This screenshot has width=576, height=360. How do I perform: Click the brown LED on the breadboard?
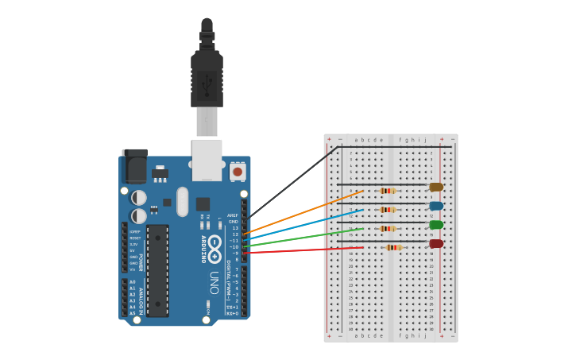point(436,187)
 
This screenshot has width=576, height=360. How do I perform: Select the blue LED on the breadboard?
point(436,206)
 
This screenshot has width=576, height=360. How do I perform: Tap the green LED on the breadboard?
point(436,225)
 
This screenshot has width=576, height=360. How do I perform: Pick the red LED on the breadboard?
point(436,244)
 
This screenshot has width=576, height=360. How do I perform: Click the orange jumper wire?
point(302,211)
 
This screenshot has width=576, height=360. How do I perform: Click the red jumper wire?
point(302,250)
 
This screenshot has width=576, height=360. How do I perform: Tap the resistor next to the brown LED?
point(388,191)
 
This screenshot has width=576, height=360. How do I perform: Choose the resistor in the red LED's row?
point(393,247)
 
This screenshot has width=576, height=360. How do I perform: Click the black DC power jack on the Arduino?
point(135,165)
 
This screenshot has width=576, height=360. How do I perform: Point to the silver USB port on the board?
point(207,158)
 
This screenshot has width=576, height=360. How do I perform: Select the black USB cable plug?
point(207,79)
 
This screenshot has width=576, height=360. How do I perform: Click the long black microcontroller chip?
point(157,270)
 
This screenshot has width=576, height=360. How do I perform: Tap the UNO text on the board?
point(214,282)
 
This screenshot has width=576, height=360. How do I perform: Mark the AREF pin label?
point(233,215)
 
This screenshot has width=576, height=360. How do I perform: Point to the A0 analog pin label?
point(133,282)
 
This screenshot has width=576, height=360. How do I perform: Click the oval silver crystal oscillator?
point(183,202)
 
